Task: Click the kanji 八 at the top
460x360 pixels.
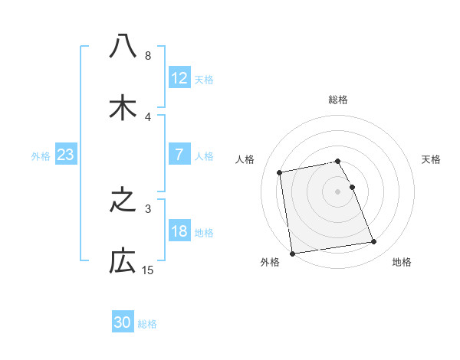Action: (x=123, y=47)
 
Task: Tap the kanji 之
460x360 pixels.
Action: (x=123, y=201)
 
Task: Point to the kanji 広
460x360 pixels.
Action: (x=123, y=262)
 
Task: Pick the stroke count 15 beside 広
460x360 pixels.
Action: (x=148, y=270)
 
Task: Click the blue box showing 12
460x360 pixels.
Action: (x=179, y=78)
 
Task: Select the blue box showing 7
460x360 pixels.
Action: (x=179, y=155)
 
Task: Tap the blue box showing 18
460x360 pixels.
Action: (x=179, y=231)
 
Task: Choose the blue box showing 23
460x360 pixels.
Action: (x=66, y=155)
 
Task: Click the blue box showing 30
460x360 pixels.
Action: (x=123, y=323)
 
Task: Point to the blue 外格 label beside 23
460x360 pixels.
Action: (x=41, y=155)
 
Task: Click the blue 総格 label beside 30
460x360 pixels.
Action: (x=147, y=324)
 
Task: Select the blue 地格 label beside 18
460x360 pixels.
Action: (x=204, y=232)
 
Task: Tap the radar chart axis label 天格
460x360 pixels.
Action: (x=432, y=159)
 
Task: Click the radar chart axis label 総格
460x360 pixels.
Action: (x=338, y=100)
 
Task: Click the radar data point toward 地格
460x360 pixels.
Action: (x=373, y=242)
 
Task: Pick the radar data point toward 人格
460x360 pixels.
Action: (x=280, y=172)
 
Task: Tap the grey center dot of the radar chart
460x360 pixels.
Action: (x=338, y=191)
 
